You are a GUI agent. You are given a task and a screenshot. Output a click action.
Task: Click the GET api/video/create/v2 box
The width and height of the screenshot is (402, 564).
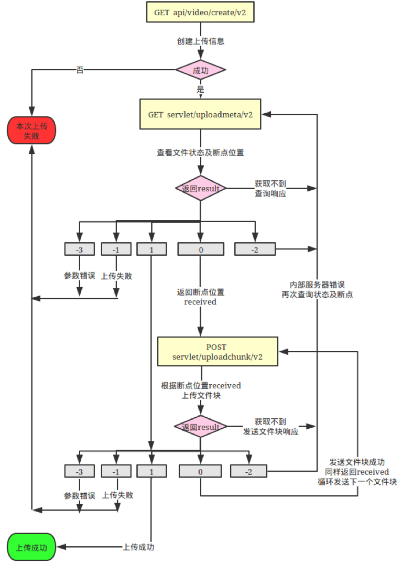coord(200,12)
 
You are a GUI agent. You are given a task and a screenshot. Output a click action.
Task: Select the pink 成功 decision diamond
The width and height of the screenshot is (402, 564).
coord(200,69)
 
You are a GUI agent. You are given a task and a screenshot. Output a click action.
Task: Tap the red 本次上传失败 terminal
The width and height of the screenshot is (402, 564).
coord(31,131)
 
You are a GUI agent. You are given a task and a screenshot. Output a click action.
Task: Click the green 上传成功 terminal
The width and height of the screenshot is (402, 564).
coord(31,547)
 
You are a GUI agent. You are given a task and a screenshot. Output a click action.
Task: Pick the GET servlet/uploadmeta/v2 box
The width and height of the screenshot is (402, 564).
coord(200,114)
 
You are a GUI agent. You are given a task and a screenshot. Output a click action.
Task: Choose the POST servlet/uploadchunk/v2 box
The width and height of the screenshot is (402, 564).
coord(218,351)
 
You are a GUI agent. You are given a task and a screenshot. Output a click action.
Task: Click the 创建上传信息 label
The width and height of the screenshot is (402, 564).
coord(200,41)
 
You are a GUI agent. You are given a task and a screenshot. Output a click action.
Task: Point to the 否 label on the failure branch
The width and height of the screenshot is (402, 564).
coord(80,69)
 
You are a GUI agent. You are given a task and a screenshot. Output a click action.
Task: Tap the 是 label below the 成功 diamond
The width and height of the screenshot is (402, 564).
coord(200,90)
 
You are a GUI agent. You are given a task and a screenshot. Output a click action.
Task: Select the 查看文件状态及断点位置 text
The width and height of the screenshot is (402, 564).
coord(200,153)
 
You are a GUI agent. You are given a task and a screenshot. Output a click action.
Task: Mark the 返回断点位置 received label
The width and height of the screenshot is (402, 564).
coord(200,297)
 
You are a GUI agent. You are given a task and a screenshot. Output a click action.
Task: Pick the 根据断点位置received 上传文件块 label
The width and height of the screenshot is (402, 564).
coord(201,390)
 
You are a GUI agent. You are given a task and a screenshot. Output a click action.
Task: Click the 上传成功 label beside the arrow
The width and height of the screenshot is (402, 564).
coord(138,547)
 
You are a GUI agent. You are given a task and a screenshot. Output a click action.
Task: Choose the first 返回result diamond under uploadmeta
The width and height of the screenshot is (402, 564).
coord(200,188)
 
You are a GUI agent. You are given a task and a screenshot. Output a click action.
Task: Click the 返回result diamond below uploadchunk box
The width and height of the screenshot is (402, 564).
coord(200,427)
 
